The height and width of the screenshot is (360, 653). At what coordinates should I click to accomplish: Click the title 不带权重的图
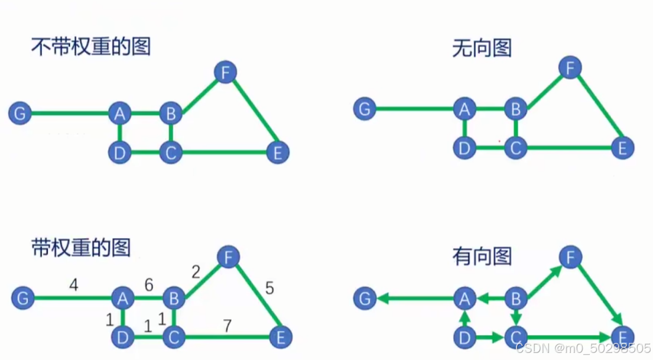tap(90, 46)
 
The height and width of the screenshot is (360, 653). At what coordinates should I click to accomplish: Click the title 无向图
tap(482, 47)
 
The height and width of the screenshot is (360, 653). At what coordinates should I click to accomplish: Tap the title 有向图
tap(482, 255)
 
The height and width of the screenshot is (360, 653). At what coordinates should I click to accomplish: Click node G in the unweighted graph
tap(20, 113)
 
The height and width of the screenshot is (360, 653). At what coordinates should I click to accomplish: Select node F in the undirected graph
tap(570, 69)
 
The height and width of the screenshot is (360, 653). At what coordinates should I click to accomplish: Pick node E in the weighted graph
tap(281, 338)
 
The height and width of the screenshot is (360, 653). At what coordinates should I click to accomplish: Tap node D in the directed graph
tap(464, 338)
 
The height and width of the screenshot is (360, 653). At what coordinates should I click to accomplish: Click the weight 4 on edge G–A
tap(73, 286)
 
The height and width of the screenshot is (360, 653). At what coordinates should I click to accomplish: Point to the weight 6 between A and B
tap(148, 285)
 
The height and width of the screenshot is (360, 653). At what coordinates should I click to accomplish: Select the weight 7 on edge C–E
tap(227, 325)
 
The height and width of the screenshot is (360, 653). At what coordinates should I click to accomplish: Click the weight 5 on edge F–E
tap(269, 288)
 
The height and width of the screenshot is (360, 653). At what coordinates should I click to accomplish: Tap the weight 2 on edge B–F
tap(196, 272)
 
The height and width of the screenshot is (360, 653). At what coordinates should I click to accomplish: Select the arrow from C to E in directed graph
tap(567, 338)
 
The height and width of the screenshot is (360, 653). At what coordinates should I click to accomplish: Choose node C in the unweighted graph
tap(170, 153)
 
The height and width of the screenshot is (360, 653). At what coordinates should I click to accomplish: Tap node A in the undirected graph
tap(464, 109)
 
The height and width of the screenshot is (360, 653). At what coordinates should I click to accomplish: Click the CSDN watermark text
tap(583, 348)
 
